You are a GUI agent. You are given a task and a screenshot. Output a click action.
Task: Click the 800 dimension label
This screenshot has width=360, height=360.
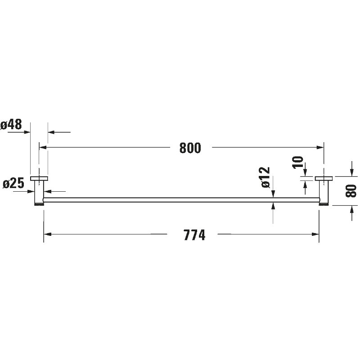[x=190, y=148]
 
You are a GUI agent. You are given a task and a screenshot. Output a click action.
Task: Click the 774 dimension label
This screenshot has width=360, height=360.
[x=194, y=235]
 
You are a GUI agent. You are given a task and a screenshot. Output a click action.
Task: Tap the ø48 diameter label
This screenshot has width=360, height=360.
[x=11, y=125]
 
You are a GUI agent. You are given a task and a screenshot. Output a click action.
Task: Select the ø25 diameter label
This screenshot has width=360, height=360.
[x=13, y=184]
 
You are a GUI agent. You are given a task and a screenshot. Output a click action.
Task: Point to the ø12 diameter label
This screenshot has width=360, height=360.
[x=265, y=177]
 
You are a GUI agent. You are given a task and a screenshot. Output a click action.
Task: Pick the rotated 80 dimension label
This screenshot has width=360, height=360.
[x=351, y=191]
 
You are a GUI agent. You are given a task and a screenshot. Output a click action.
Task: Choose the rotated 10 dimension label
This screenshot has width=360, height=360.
[x=298, y=162]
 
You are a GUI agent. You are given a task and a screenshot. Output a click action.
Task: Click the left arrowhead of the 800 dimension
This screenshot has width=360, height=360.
[x=43, y=148]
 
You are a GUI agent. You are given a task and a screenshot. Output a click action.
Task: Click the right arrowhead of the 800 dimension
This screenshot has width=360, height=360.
[x=320, y=148]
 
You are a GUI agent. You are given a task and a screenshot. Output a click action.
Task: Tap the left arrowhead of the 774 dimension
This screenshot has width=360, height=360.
[x=48, y=234]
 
